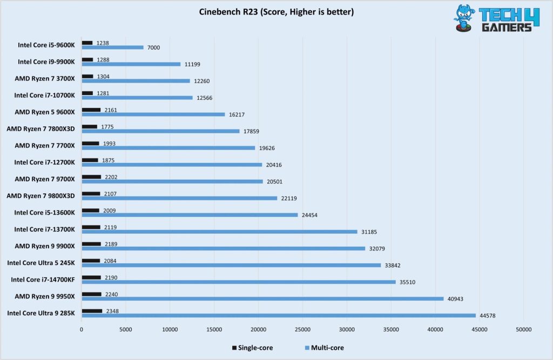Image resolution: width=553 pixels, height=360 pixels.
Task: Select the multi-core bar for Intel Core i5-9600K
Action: [x=113, y=47]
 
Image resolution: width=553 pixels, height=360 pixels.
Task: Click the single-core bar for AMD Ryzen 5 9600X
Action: [x=91, y=110]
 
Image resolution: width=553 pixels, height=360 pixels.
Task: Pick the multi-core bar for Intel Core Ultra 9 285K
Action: [x=279, y=316]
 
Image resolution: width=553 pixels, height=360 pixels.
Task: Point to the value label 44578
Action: [x=488, y=316]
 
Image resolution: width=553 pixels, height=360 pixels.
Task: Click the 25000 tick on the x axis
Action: [x=302, y=329]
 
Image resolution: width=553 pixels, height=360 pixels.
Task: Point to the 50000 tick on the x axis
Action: [x=523, y=329]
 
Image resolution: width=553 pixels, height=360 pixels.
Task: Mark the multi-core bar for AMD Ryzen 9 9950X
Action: [x=262, y=298]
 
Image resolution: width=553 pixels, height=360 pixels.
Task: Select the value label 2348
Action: [x=111, y=310]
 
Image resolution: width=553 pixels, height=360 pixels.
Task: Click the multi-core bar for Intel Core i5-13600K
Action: [x=190, y=215]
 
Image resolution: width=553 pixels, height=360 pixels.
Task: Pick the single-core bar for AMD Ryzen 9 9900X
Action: [x=91, y=244]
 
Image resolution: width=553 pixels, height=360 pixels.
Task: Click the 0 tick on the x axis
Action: [x=82, y=329]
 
